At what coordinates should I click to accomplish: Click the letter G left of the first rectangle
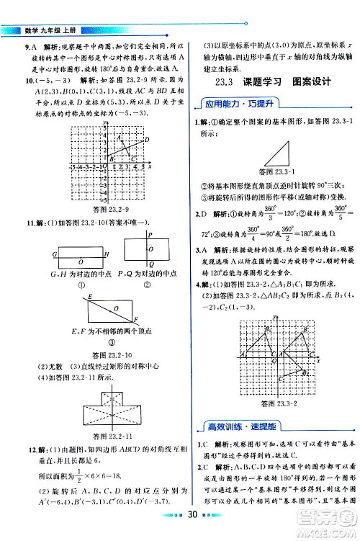pos(55,254)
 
